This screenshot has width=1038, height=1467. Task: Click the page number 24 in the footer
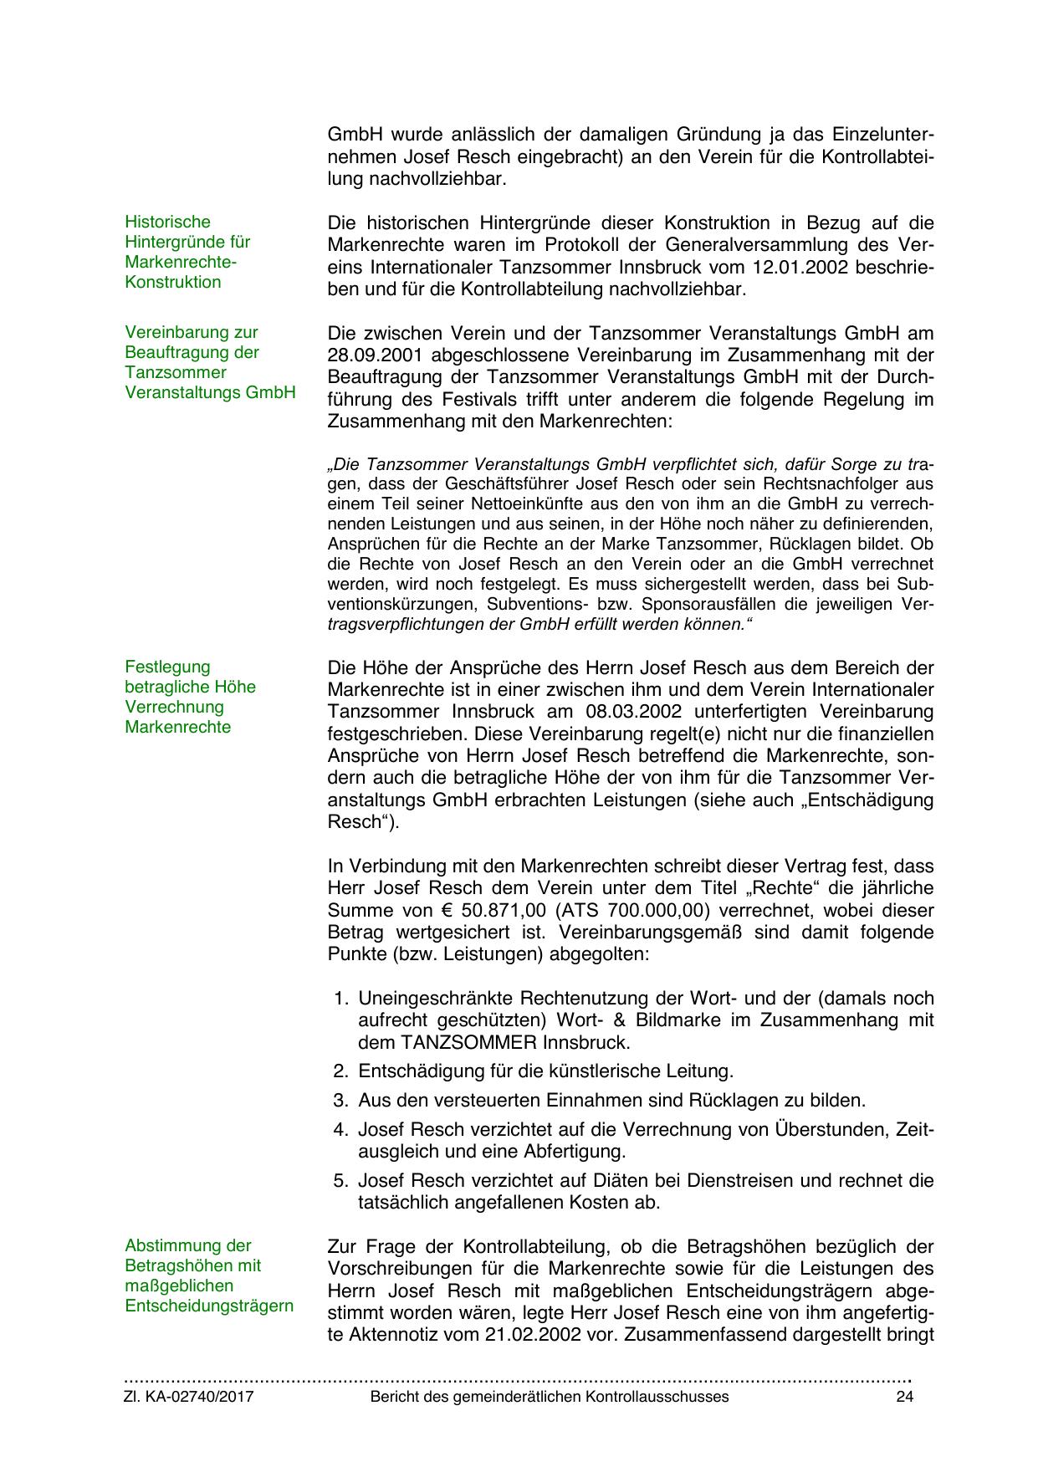(904, 1397)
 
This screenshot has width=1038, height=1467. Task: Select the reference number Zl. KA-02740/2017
(189, 1397)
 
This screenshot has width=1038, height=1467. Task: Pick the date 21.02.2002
(532, 1334)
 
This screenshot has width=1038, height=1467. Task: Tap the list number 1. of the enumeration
(340, 999)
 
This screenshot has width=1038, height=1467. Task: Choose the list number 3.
(340, 1100)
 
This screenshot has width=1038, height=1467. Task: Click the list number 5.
(340, 1181)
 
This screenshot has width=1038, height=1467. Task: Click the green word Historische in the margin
(167, 222)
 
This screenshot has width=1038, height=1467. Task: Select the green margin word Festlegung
(167, 667)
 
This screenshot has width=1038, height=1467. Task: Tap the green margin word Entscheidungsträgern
(209, 1306)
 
